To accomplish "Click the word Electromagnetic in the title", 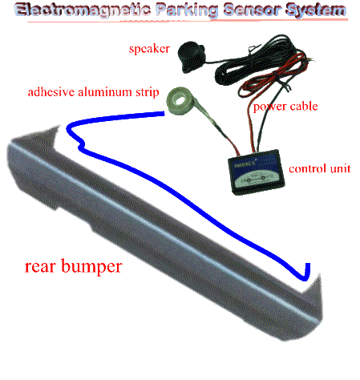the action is pos(83,10).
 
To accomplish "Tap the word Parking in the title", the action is pos(187,10).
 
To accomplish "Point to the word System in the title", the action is pos(316,10).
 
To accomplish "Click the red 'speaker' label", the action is pos(149,49).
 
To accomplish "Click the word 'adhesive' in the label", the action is pos(51,92).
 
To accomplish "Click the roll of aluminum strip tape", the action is pos(179,101).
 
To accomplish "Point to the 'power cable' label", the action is pos(285,107).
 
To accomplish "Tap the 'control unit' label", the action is pos(320,168).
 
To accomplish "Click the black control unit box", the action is pos(256,172).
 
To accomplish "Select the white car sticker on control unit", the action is pos(256,179).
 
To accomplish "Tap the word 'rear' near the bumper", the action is pos(40,267).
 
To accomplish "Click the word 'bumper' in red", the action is pos(91,267).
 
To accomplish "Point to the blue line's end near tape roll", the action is pos(164,114).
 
